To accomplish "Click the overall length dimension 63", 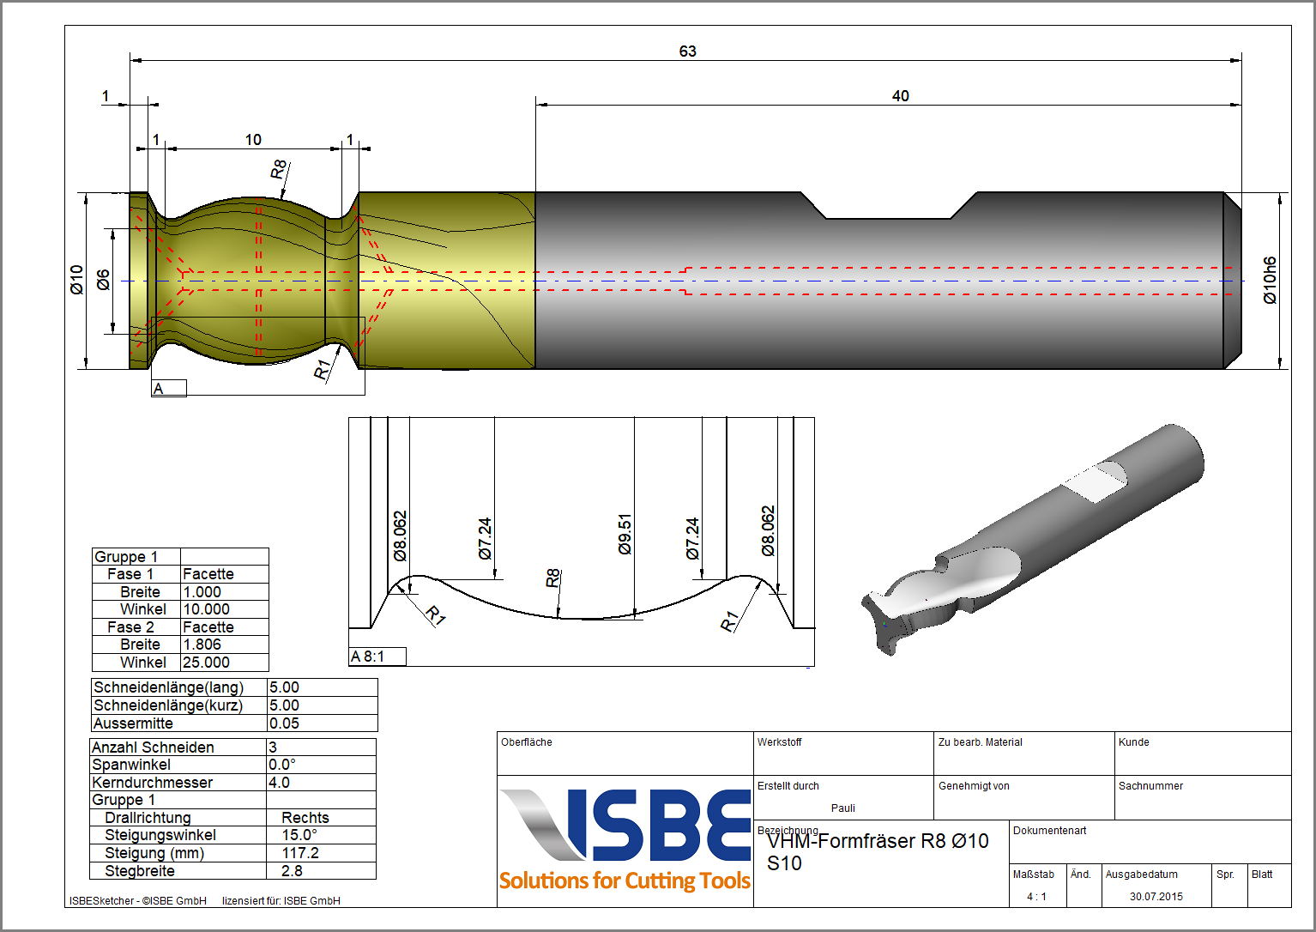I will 687,51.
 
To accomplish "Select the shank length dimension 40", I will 900,96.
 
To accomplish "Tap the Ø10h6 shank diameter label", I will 1270,280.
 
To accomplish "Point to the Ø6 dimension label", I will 103,280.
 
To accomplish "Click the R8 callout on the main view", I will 278,170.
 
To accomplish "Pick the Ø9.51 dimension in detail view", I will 625,534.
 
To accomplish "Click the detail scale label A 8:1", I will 368,657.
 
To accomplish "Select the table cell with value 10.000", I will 206,609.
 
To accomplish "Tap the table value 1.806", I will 202,645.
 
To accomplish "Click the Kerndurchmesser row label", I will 153,783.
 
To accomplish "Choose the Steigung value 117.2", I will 300,853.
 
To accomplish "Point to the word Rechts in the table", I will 305,818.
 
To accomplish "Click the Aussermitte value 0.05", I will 284,723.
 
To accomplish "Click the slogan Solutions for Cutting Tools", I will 625,881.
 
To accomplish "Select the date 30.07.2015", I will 1156,897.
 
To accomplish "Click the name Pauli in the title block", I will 842,808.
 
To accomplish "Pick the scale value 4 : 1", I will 1036,897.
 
